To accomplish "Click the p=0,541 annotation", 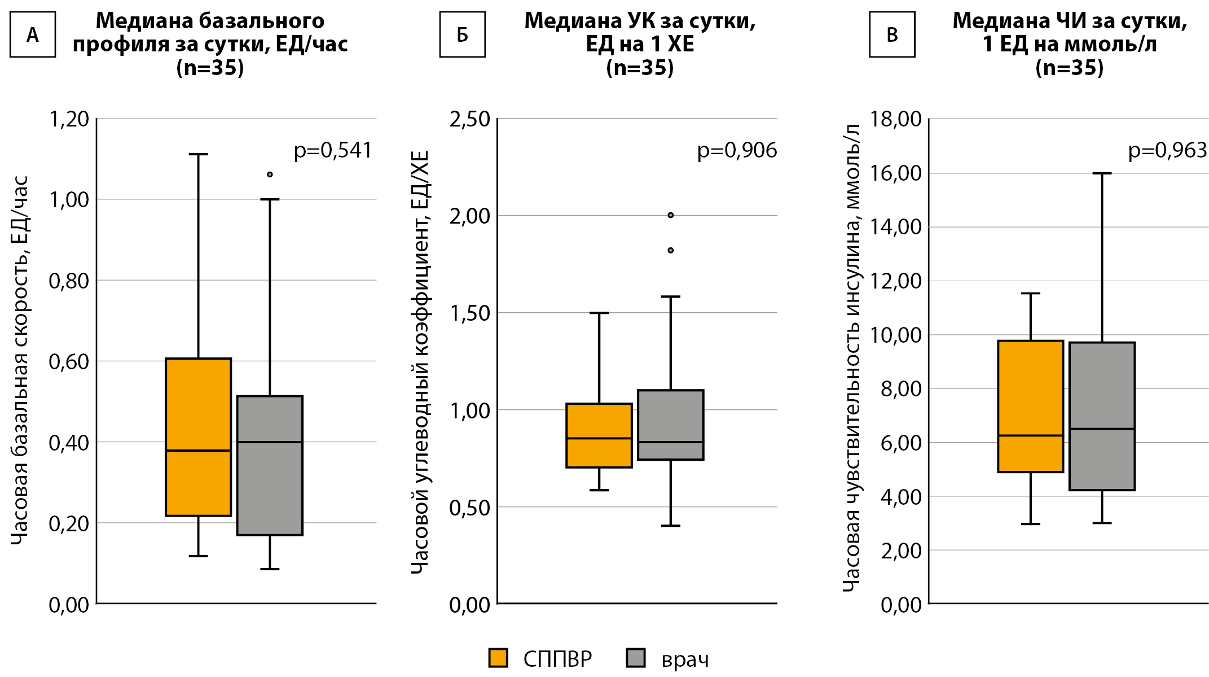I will (x=333, y=151).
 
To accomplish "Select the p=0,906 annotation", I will (x=737, y=151).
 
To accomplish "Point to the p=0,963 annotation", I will (x=1167, y=151).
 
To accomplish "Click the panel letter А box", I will (x=33, y=35).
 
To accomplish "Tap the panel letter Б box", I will (x=462, y=35).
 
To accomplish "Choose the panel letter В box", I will (x=892, y=35).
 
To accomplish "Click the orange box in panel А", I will (x=199, y=436).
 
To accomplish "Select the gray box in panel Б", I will (x=670, y=425).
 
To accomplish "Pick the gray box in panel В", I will (x=1102, y=416).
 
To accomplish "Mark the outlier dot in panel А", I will (x=270, y=174).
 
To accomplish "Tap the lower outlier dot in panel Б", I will (x=670, y=250).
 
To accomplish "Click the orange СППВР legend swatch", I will (x=498, y=658).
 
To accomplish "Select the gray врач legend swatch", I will (x=636, y=658).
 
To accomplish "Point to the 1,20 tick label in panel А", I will (x=69, y=119).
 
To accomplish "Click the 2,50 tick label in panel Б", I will (x=470, y=119).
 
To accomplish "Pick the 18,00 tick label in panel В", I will (x=895, y=119).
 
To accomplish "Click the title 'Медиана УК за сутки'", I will (x=640, y=21).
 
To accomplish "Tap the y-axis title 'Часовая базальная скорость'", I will (x=20, y=361).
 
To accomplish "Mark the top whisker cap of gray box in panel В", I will (x=1102, y=173).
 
